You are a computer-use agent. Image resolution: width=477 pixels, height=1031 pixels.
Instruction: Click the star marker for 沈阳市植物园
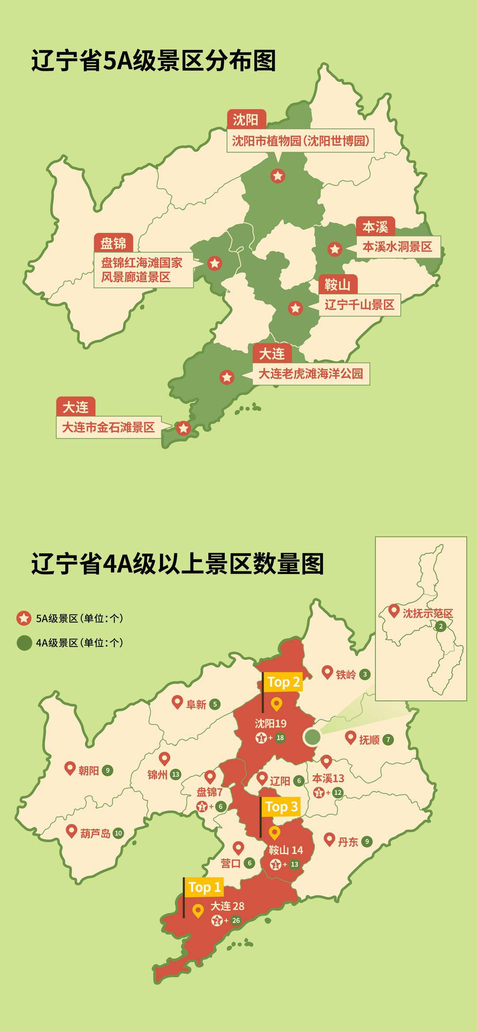click(278, 176)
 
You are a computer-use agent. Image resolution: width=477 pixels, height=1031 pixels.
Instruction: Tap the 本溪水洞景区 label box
click(397, 247)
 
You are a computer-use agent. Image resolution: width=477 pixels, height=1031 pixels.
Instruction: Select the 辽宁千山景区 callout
click(360, 305)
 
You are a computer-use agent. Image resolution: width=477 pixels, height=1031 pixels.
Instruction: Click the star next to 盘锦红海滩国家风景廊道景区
click(215, 264)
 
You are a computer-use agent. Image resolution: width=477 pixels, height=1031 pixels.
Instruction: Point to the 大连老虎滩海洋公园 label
click(310, 374)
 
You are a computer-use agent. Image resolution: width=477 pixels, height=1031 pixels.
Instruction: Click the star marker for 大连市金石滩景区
click(183, 428)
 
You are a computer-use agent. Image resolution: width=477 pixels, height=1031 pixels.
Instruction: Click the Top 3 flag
click(281, 807)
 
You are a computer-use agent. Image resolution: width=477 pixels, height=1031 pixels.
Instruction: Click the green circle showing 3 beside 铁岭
click(364, 674)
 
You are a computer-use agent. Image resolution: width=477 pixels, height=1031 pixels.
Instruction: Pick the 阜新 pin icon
click(177, 702)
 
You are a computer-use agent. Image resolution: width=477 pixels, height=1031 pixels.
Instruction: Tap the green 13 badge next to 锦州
click(176, 774)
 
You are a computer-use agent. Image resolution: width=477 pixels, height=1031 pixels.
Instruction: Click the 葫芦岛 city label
click(95, 833)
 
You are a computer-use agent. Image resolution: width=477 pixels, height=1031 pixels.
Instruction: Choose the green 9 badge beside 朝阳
click(107, 770)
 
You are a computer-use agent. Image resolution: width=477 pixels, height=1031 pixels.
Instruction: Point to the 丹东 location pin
click(329, 839)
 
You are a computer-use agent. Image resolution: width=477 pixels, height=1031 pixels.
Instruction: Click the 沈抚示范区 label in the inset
click(428, 613)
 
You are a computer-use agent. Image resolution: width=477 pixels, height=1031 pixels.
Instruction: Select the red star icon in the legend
click(24, 618)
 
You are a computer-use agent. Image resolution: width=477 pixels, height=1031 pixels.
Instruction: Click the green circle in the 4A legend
click(24, 642)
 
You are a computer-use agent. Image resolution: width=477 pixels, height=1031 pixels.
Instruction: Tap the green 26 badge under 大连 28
click(236, 921)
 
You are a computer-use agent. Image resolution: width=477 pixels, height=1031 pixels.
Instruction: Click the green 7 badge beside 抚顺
click(388, 739)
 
